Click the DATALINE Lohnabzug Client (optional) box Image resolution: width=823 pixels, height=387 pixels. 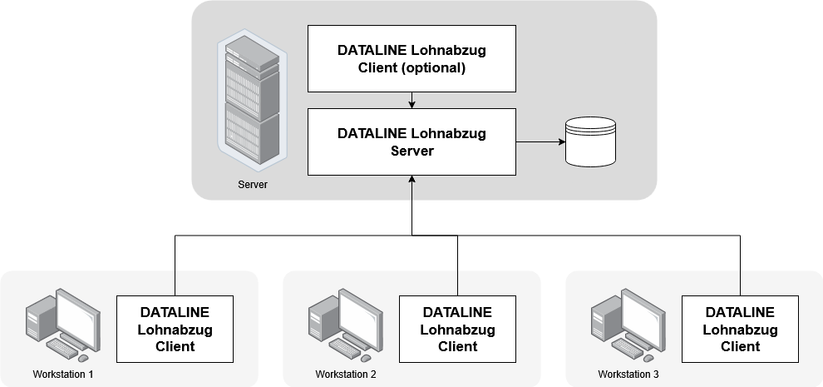[411, 58]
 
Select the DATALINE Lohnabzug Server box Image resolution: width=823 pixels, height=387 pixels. [411, 141]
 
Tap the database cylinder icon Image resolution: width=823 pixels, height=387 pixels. [590, 141]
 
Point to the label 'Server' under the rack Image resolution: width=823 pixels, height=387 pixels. [253, 184]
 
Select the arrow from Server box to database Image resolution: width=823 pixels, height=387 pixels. [540, 141]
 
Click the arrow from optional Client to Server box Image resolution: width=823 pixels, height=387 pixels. [412, 100]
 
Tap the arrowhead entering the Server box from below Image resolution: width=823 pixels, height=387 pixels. [412, 181]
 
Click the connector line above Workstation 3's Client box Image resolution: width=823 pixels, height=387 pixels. [740, 283]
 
